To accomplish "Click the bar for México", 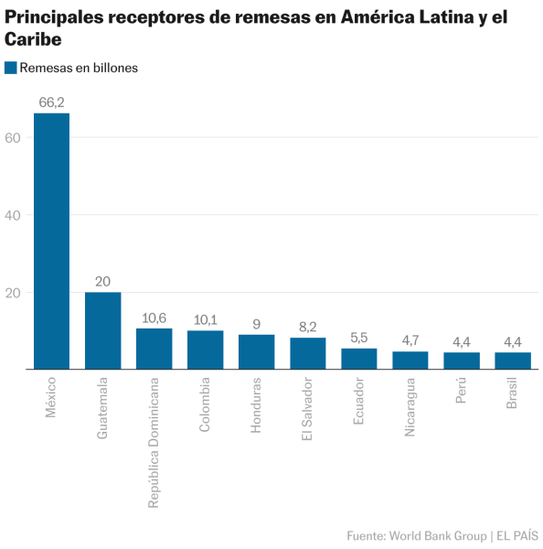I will tap(51, 242).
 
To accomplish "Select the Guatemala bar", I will tap(102, 331).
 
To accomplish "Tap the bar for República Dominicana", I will tap(154, 350).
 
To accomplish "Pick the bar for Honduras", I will tap(256, 352).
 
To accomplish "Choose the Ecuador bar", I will tap(359, 360).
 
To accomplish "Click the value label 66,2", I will tap(51, 102).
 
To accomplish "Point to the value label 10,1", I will tap(205, 319).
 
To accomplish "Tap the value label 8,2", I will tap(308, 327).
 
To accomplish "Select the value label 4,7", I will tap(410, 340).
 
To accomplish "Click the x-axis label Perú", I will tap(462, 391).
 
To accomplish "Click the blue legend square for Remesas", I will tap(11, 67).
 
